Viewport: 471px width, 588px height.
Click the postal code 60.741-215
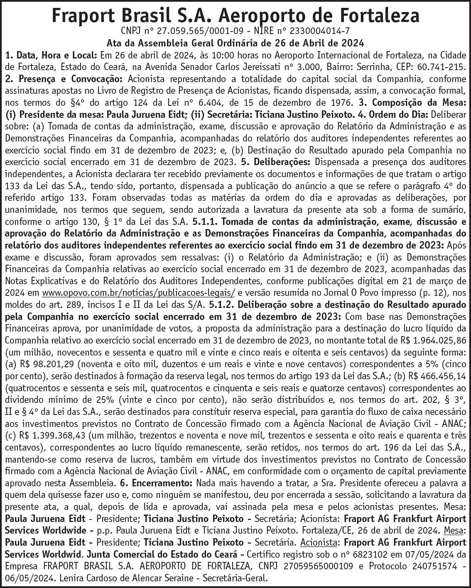tap(441, 66)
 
